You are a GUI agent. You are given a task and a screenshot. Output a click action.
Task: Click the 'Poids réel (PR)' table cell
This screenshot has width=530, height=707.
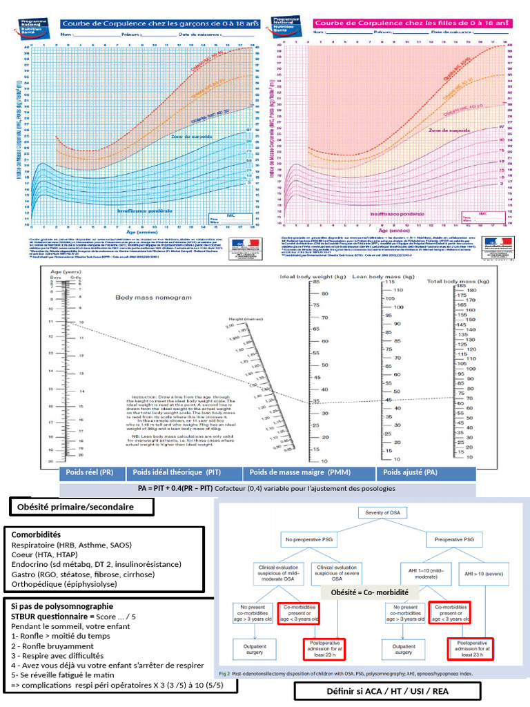tap(90, 473)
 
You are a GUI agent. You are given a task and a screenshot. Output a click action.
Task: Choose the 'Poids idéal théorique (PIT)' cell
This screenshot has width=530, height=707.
tap(173, 473)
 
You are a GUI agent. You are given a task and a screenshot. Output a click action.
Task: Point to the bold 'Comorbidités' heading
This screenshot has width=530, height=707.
tap(36, 534)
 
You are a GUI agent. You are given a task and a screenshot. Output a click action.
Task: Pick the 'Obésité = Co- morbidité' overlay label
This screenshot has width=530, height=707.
tap(370, 593)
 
